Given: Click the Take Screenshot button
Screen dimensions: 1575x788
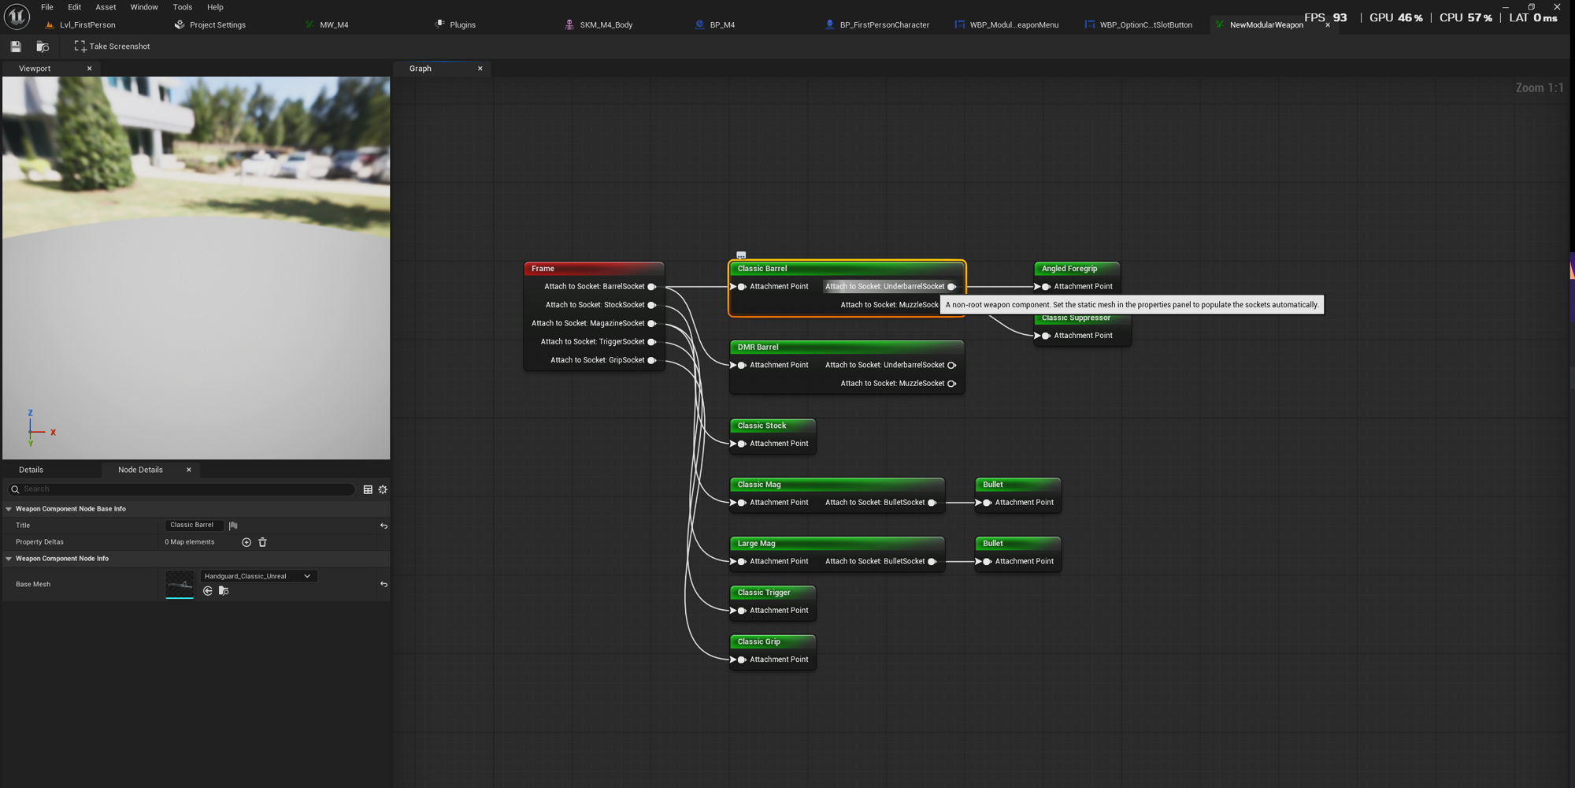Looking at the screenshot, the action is [x=112, y=46].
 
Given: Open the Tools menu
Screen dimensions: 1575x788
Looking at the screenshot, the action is [x=182, y=7].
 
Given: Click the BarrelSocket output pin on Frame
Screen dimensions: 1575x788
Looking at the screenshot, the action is [x=652, y=287].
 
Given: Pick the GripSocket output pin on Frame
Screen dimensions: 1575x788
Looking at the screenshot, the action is [x=652, y=360].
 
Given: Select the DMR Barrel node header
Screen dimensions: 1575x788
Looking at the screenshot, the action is [x=847, y=348].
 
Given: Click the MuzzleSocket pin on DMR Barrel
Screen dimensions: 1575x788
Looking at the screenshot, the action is [x=951, y=384].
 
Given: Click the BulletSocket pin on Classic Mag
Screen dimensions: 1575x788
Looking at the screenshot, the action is [x=932, y=503].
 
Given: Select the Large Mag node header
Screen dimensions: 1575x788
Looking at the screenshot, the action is [x=837, y=544].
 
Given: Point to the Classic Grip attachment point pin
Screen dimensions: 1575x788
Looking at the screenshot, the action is [x=740, y=660].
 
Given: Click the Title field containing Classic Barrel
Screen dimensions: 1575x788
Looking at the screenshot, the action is [x=194, y=525].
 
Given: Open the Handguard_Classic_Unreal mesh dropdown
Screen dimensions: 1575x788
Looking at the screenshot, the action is [x=258, y=576].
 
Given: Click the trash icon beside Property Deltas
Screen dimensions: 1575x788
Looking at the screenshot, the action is [x=263, y=542].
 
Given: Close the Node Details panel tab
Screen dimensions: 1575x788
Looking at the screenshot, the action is [x=189, y=470].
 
